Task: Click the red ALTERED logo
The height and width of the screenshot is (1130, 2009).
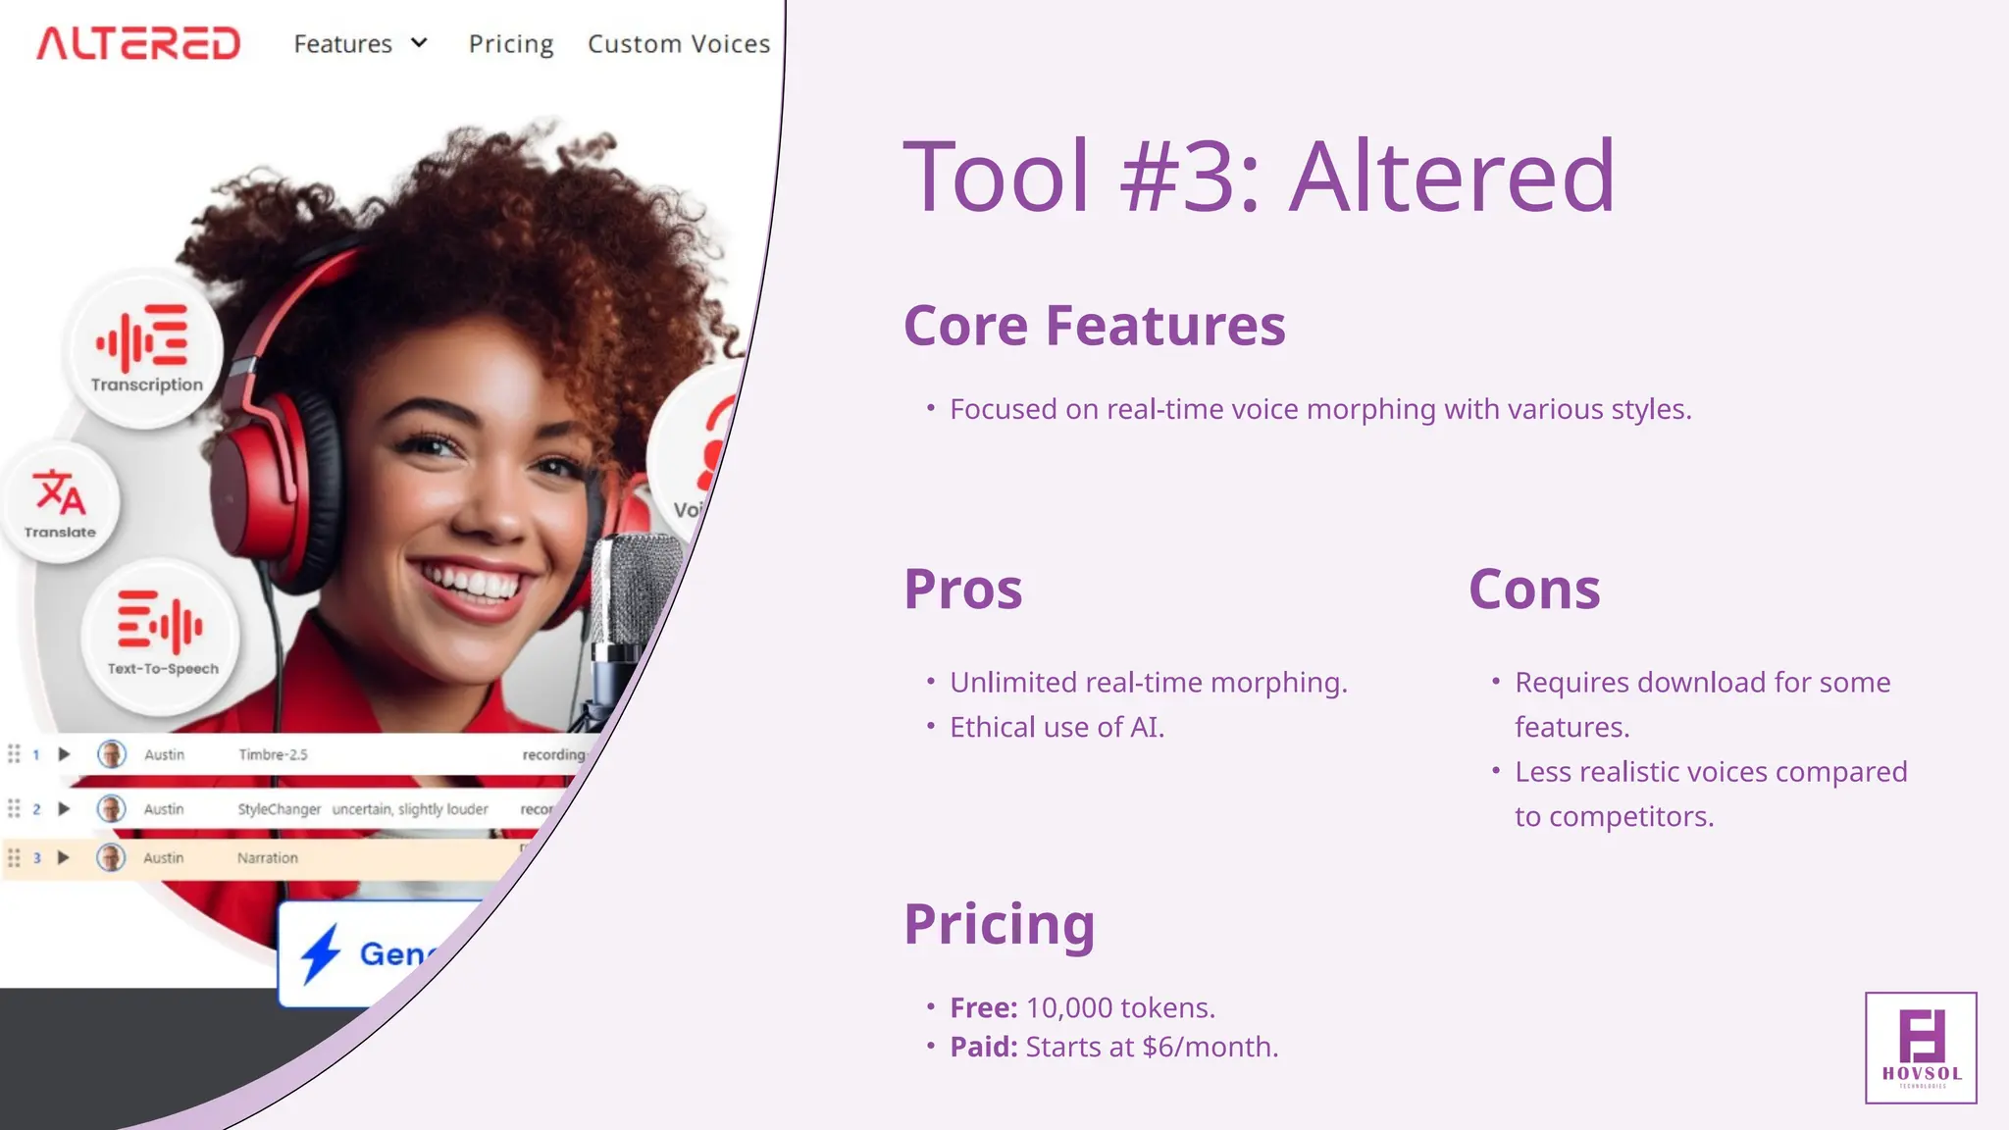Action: coord(138,43)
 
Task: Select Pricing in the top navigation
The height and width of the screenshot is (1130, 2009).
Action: coord(511,44)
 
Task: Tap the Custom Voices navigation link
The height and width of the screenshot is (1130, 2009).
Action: coord(679,44)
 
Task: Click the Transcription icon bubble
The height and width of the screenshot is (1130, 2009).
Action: coord(146,349)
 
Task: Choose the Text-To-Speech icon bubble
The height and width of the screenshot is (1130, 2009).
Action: coord(162,633)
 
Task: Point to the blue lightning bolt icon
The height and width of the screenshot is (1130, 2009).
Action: coord(320,952)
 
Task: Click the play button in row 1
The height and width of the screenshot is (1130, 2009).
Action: coord(64,754)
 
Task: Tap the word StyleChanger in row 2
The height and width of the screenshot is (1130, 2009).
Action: coord(279,809)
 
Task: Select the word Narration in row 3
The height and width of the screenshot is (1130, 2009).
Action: coord(267,858)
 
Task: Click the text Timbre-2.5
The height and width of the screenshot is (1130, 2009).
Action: coord(273,754)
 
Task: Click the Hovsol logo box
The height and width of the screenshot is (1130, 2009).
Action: coord(1921,1048)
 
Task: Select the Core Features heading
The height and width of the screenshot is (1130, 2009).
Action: coord(1094,326)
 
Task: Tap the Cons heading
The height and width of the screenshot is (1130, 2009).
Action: coord(1534,590)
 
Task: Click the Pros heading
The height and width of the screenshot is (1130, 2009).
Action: coord(962,590)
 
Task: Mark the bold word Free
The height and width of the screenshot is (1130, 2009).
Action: coord(983,1007)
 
